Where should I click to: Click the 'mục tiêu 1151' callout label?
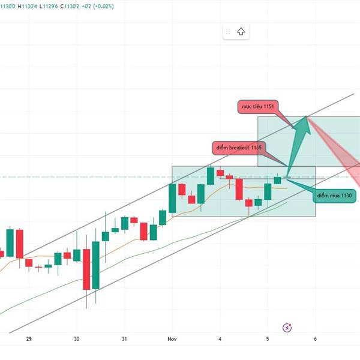pos(258,106)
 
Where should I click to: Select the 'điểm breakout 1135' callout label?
pos(239,147)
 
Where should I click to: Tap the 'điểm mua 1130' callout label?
pos(335,196)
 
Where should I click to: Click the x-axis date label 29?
pos(29,339)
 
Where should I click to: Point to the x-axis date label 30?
pos(77,339)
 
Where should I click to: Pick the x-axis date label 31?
pos(124,339)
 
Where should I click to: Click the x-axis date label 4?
pos(220,339)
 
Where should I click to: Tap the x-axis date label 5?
pos(268,339)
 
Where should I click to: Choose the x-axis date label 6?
pos(315,339)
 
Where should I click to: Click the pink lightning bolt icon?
pos(287,327)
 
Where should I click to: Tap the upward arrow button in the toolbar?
pos(241,32)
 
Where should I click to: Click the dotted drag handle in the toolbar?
pos(228,32)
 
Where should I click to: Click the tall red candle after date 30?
pos(87,269)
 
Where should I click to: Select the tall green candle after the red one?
pos(96,265)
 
